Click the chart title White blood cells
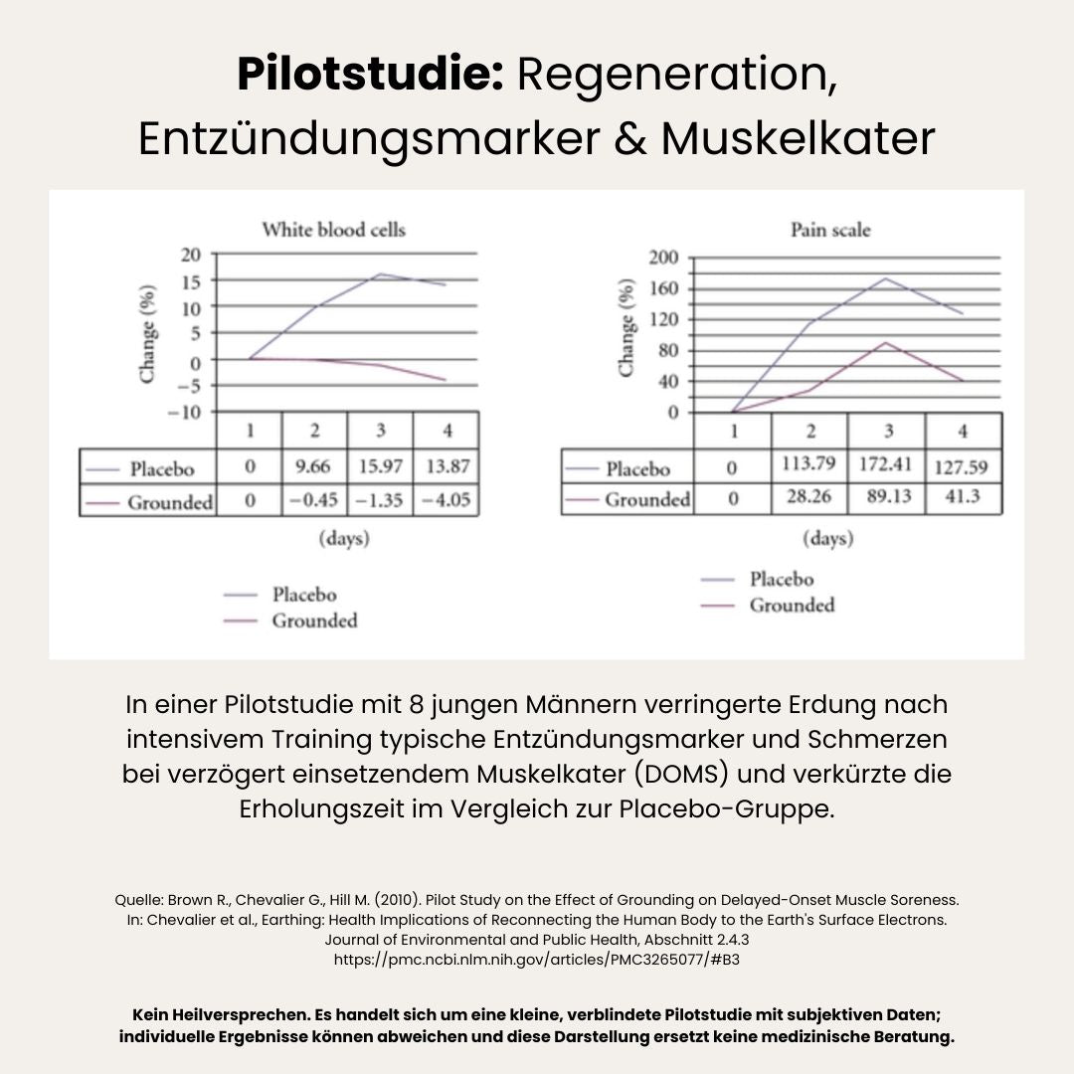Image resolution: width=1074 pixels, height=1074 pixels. click(333, 230)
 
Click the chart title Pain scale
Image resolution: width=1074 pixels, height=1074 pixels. click(830, 230)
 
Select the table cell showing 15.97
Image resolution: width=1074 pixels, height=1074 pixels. click(380, 466)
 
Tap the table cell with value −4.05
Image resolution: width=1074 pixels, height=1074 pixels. click(445, 500)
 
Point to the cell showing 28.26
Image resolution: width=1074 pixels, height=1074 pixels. click(810, 496)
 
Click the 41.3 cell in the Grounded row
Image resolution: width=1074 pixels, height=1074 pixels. click(962, 496)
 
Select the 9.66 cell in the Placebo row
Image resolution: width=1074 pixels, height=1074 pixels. click(314, 466)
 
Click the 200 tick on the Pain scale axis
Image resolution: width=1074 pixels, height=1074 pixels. click(663, 259)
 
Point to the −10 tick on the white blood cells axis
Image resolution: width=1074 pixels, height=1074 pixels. click(187, 412)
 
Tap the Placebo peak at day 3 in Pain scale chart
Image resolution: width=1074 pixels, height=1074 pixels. click(886, 277)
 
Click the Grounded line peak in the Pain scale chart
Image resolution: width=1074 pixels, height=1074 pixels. click(886, 343)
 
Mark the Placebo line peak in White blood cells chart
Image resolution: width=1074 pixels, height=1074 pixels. click(380, 273)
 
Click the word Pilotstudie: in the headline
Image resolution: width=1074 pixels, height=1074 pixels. click(370, 76)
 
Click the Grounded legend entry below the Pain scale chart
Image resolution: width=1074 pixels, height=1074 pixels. click(792, 606)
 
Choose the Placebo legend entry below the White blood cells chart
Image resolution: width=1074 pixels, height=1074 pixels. click(304, 595)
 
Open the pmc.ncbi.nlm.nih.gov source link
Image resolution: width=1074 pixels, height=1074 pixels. click(536, 960)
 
